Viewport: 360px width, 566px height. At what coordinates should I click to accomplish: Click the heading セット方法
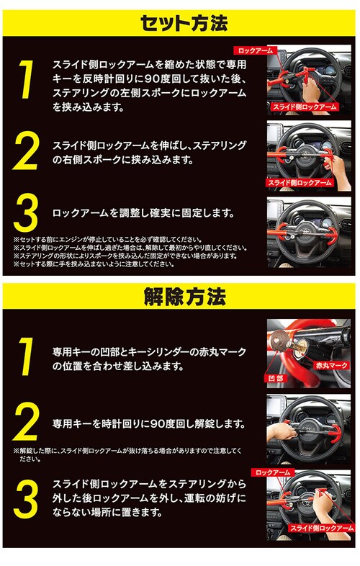pyautogui.click(x=184, y=24)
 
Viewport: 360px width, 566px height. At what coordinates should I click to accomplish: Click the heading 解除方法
pyautogui.click(x=184, y=297)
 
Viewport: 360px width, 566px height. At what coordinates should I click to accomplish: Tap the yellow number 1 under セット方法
pyautogui.click(x=26, y=79)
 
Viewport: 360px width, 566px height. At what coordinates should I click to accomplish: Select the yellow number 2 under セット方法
pyautogui.click(x=26, y=151)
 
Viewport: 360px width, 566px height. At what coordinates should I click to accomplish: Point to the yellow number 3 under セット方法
pyautogui.click(x=26, y=212)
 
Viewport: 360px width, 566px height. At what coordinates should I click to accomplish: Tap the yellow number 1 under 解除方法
pyautogui.click(x=26, y=356)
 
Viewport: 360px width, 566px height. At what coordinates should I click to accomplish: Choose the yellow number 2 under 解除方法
pyautogui.click(x=26, y=421)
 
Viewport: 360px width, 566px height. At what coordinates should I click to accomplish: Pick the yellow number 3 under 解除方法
pyautogui.click(x=26, y=498)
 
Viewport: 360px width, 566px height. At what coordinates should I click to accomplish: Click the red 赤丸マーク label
pyautogui.click(x=331, y=365)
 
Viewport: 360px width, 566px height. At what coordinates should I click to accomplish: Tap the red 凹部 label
pyautogui.click(x=276, y=378)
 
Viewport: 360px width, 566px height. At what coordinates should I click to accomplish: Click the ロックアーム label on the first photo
pyautogui.click(x=256, y=50)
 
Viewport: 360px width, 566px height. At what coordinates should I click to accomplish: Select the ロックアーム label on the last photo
pyautogui.click(x=273, y=472)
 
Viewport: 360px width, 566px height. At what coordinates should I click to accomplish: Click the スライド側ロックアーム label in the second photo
pyautogui.click(x=300, y=183)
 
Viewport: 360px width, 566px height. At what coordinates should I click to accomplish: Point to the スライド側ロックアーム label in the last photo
pyautogui.click(x=322, y=528)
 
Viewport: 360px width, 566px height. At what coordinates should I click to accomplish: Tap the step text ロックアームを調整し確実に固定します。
pyautogui.click(x=143, y=212)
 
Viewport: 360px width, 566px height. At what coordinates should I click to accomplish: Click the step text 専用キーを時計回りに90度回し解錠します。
pyautogui.click(x=149, y=423)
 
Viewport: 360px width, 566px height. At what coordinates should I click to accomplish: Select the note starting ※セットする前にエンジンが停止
pyautogui.click(x=107, y=240)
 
